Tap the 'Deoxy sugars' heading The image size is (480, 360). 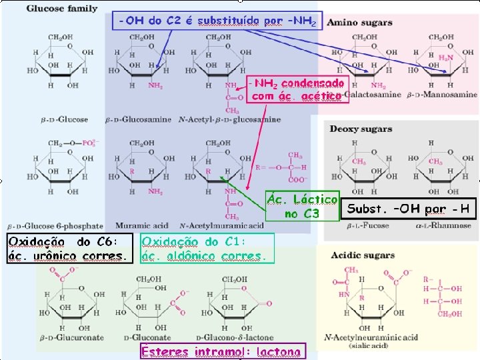[361, 129]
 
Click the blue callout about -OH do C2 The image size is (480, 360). [217, 21]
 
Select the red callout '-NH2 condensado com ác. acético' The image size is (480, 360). [297, 89]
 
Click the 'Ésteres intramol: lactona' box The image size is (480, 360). [221, 351]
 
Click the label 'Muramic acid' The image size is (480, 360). [138, 226]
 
